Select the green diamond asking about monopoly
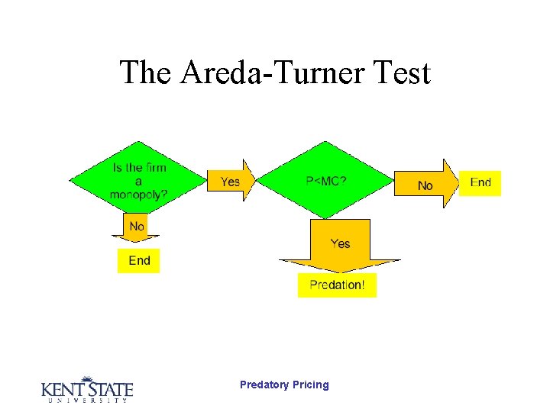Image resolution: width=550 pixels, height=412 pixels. [x=138, y=180]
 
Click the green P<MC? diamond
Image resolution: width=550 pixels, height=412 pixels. [x=326, y=181]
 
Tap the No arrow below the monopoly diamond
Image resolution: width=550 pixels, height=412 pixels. [x=137, y=227]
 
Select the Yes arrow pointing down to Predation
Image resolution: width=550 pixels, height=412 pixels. [x=340, y=244]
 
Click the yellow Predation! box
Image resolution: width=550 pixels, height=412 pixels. [x=337, y=285]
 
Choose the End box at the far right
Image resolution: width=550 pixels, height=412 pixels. [x=480, y=183]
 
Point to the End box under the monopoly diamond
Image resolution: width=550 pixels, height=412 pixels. [x=139, y=261]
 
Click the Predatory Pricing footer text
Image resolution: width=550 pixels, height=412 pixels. [x=284, y=385]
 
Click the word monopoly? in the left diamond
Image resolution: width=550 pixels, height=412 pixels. [x=138, y=195]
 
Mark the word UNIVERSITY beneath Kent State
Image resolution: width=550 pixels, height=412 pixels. [x=86, y=401]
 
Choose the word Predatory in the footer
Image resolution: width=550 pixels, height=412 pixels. [x=264, y=385]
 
